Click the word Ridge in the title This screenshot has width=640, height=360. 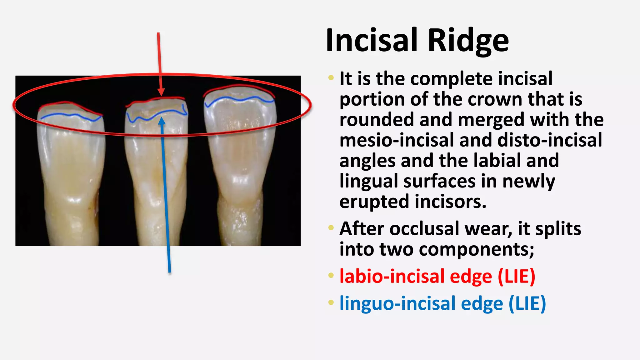point(468,41)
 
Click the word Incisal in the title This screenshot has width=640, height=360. point(372,41)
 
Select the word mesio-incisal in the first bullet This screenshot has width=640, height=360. point(396,140)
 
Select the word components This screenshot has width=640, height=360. point(476,250)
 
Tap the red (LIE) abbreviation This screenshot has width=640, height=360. point(516,277)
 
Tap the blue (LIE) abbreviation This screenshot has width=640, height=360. point(527,304)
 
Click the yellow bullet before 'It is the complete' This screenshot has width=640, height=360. point(331,77)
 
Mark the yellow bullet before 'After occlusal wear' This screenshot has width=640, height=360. point(331,227)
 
